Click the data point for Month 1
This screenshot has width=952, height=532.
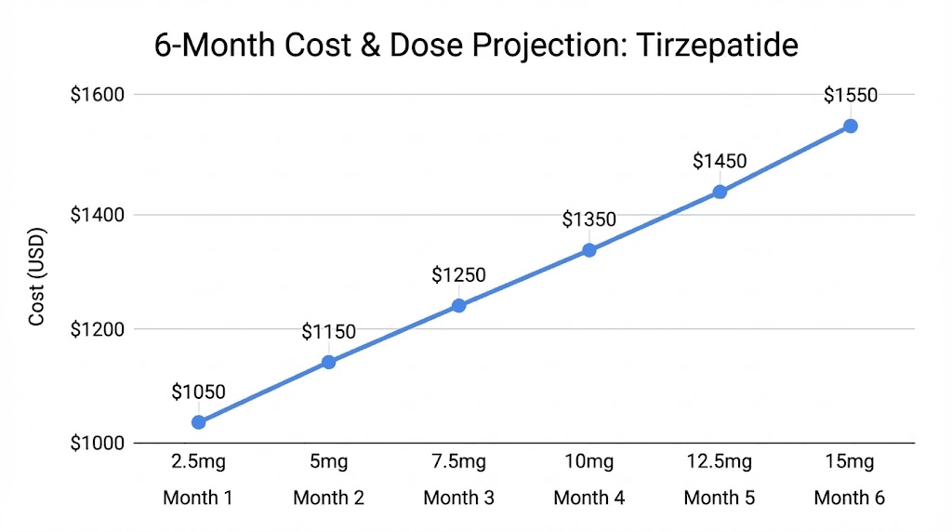[x=198, y=422]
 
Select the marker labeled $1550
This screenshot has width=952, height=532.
[x=850, y=126]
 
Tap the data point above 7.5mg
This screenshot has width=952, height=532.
[x=458, y=305]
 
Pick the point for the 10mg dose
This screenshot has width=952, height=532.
[x=588, y=250]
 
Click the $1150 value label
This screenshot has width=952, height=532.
[x=328, y=332]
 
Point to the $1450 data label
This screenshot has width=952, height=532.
[x=720, y=161]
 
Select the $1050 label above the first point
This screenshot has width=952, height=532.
[x=198, y=392]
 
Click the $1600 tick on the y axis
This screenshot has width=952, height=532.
[x=98, y=95]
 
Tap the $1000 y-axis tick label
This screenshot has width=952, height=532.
[x=98, y=444]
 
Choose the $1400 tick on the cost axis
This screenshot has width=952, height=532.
[x=98, y=215]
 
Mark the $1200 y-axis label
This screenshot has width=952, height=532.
[x=98, y=329]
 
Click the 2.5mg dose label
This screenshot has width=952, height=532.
[x=198, y=462]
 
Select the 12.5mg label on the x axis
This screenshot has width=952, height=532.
[x=720, y=462]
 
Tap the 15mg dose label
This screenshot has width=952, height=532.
[x=850, y=462]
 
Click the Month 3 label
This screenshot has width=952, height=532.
[x=458, y=498]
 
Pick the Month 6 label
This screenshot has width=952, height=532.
[x=850, y=498]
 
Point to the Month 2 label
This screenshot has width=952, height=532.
[x=328, y=498]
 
